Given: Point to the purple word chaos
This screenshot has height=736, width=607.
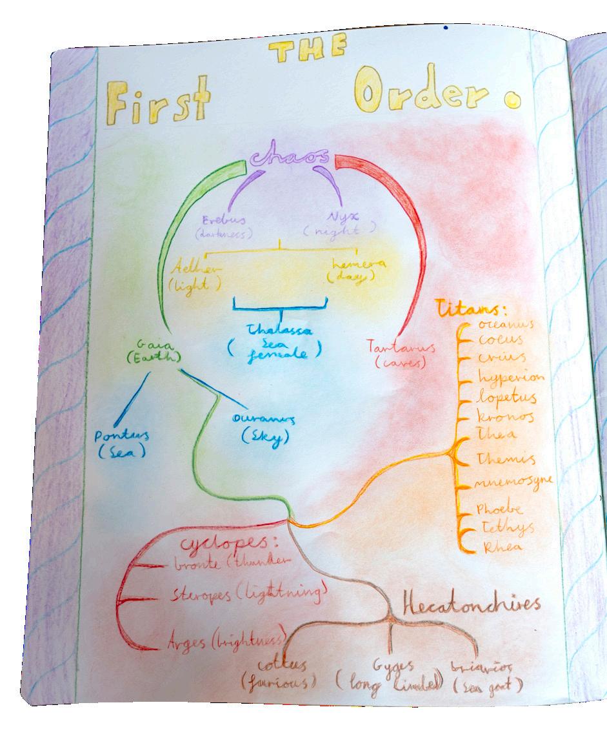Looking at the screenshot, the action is (290, 158).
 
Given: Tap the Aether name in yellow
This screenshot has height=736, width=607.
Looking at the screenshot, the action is (196, 267).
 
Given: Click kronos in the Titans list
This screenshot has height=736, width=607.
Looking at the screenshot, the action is (506, 416).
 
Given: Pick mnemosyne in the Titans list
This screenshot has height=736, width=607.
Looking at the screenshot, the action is (513, 483).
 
